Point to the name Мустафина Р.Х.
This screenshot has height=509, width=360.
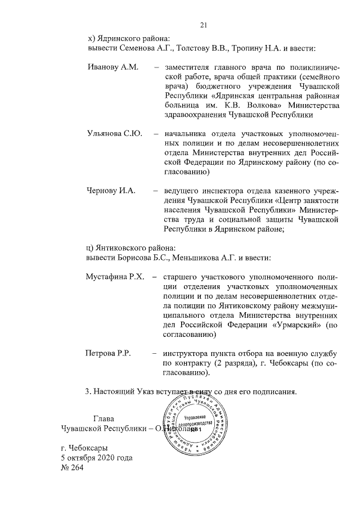click(115, 277)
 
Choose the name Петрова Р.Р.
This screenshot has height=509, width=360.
click(107, 353)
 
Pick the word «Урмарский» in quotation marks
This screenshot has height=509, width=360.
click(296, 325)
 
